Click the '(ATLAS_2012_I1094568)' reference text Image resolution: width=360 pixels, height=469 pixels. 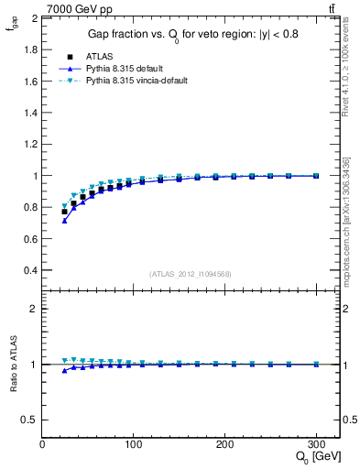pyautogui.click(x=191, y=273)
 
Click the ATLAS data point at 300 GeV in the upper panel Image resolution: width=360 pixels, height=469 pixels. pyautogui.click(x=316, y=176)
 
